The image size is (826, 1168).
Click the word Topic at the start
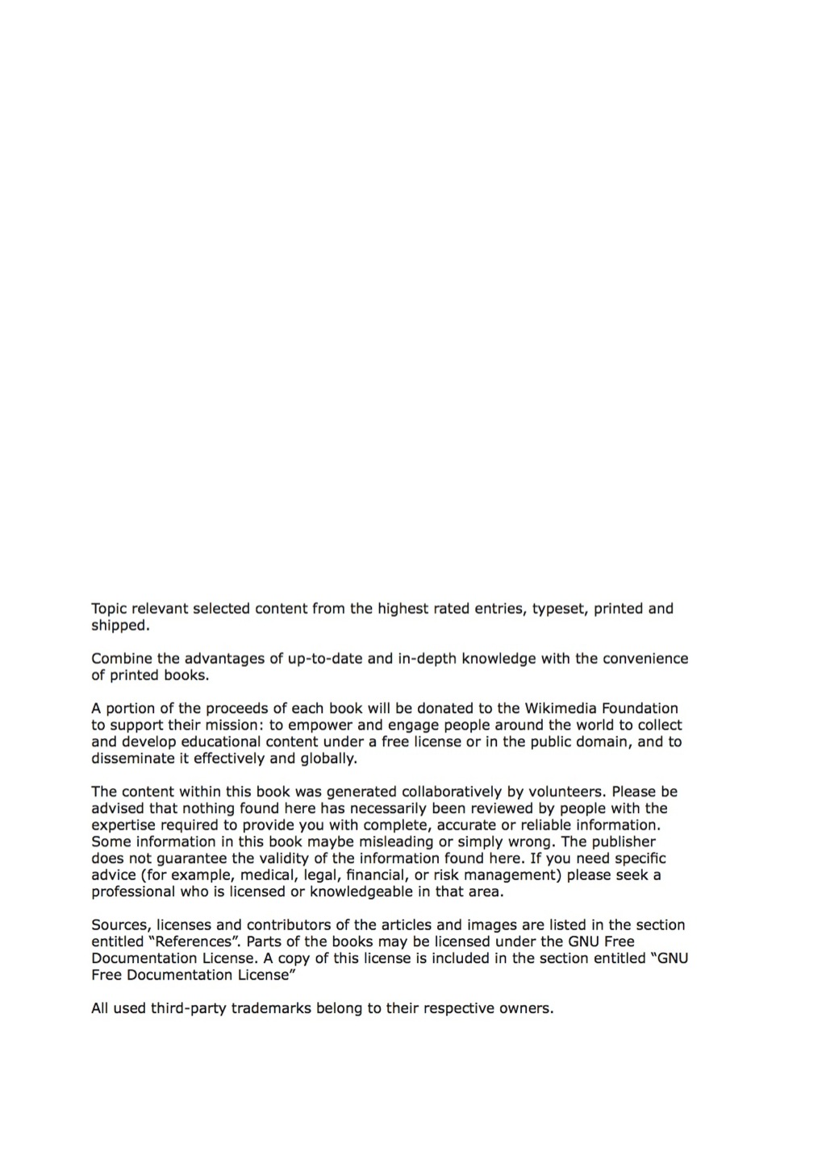(109, 609)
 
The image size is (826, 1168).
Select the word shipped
(119, 626)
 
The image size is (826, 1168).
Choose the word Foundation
(639, 709)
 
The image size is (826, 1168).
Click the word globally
(328, 759)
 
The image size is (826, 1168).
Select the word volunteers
(552, 792)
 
